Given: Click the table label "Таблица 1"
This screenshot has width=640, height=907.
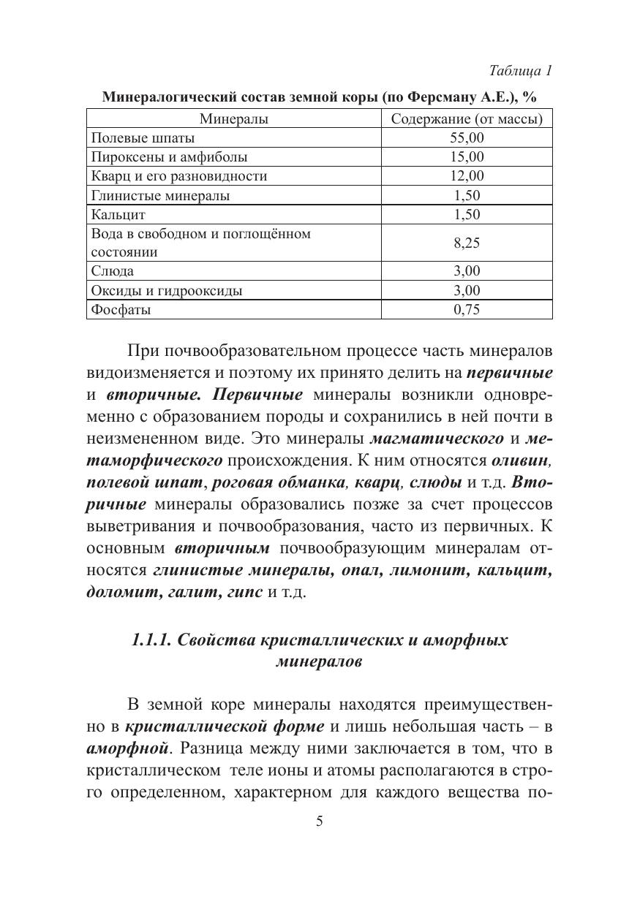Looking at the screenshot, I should (x=519, y=71).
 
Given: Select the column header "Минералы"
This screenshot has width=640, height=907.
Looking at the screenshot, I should (x=233, y=118).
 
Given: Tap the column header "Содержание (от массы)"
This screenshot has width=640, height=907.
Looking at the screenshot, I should (x=467, y=118).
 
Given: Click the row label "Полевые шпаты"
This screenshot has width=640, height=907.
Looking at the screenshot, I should (x=143, y=137).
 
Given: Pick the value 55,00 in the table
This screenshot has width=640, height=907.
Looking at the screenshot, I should (x=467, y=137).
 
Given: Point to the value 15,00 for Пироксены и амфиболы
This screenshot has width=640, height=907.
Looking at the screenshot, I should (x=467, y=156).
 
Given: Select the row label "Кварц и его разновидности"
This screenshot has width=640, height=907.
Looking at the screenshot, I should (x=178, y=176).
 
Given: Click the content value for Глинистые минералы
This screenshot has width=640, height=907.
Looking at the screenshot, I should (x=467, y=195).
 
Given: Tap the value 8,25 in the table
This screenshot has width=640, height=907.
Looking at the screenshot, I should (x=467, y=243).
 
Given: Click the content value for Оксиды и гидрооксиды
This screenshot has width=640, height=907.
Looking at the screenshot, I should (x=467, y=290).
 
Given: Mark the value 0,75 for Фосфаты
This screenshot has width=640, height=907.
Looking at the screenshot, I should (x=467, y=309).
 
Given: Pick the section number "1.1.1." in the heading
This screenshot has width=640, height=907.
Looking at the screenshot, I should (x=152, y=640).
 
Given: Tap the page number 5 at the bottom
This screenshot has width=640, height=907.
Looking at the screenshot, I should (x=319, y=821).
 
